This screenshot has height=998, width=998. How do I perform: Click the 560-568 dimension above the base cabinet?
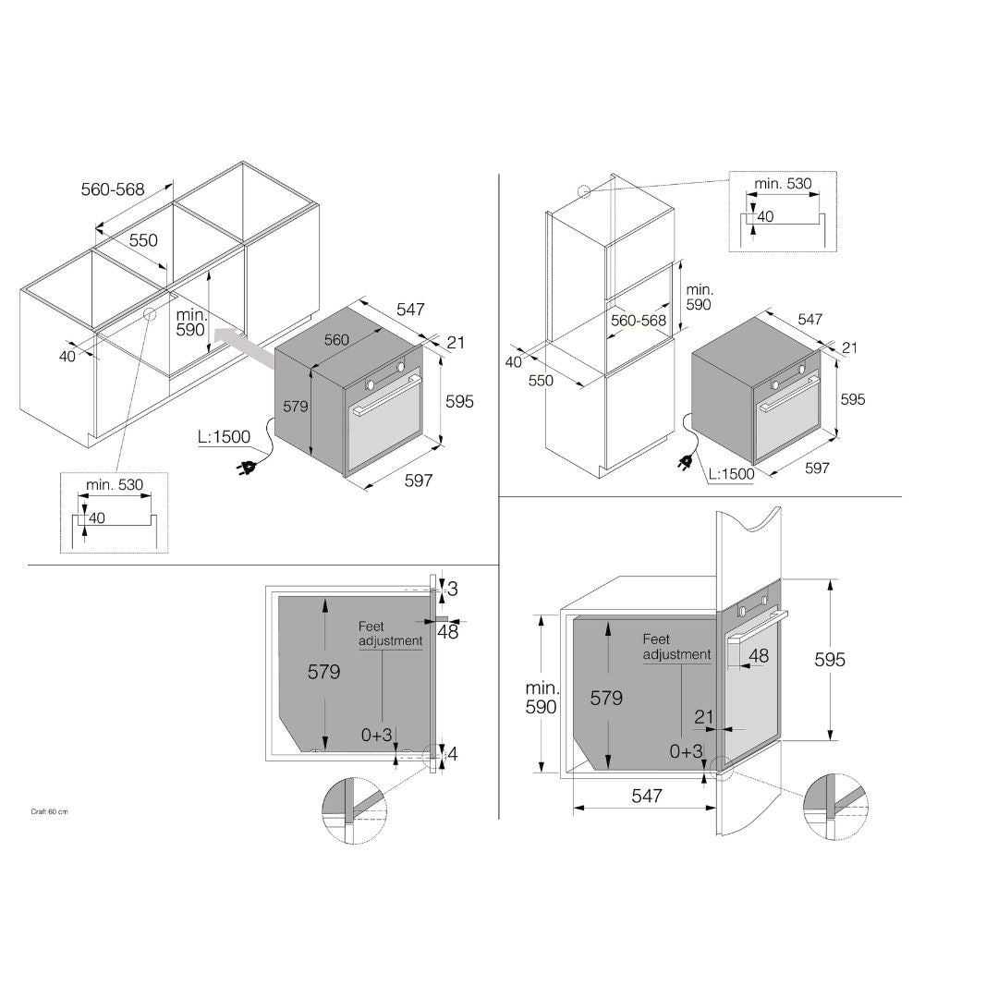[x=113, y=189]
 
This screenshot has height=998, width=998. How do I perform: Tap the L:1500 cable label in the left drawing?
[x=224, y=436]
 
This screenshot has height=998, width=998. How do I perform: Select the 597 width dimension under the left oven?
[x=419, y=481]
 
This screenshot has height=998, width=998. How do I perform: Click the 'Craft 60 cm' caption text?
[x=49, y=811]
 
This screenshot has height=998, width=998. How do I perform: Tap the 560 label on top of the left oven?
[x=336, y=340]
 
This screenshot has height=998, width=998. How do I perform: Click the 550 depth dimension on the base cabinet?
[x=143, y=240]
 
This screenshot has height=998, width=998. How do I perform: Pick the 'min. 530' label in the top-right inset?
[x=783, y=183]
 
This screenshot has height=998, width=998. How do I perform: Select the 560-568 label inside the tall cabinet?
[x=639, y=320]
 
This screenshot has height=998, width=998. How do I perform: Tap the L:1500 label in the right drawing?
[x=731, y=473]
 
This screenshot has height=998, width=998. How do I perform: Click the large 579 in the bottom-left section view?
[x=324, y=672]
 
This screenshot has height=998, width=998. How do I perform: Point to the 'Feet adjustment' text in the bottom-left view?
[x=390, y=634]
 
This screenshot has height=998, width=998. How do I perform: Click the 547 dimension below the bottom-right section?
[x=647, y=796]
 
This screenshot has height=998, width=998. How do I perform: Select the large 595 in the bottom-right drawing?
[x=830, y=660]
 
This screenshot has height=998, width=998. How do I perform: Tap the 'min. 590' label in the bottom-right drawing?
[x=541, y=697]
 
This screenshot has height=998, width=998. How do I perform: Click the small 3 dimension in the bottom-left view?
[x=453, y=589]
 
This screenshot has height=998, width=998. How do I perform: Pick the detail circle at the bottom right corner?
[x=836, y=807]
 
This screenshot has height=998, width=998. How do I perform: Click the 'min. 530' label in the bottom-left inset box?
[x=115, y=484]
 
